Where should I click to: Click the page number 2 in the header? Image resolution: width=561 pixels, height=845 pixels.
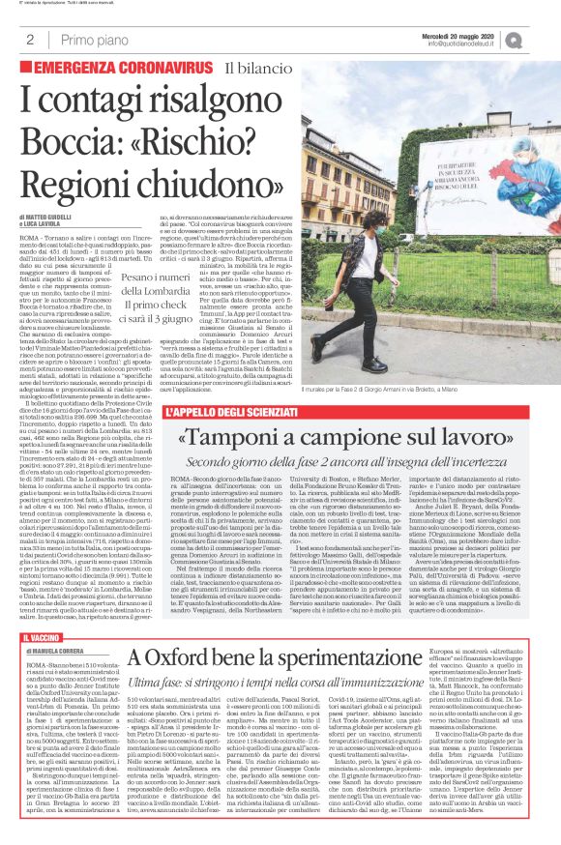click(30, 40)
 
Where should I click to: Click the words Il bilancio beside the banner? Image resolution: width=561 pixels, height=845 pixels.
click(285, 68)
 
